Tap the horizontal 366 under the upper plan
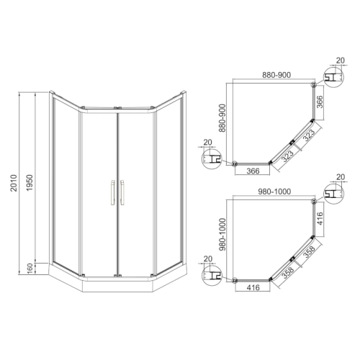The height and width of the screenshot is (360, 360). (x=253, y=171)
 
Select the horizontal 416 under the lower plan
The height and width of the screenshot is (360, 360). (x=253, y=288)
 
